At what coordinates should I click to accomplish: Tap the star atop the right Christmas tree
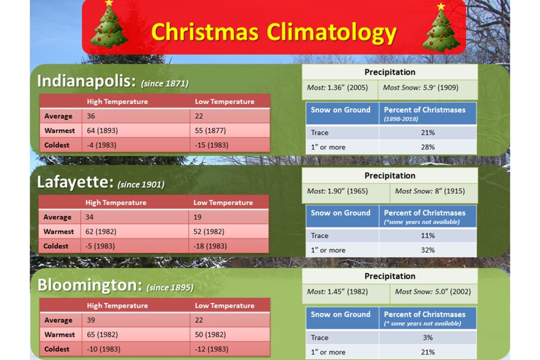[x=441, y=7]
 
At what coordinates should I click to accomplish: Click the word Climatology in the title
[x=330, y=32]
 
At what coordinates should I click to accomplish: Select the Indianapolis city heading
[x=87, y=81]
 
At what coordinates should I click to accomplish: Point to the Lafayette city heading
[x=75, y=182]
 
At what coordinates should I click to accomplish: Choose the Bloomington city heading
[x=90, y=285]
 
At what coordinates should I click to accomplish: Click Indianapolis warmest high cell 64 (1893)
[x=102, y=131]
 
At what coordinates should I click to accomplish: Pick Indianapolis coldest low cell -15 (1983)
[x=212, y=145]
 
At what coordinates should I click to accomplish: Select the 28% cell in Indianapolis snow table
[x=428, y=147]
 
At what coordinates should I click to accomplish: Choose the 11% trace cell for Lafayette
[x=428, y=236]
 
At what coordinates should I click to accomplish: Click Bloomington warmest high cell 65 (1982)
[x=103, y=335]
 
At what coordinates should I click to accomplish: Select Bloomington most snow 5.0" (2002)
[x=433, y=291]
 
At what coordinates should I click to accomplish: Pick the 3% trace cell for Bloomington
[x=428, y=337]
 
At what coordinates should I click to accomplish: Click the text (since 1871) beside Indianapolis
[x=164, y=83]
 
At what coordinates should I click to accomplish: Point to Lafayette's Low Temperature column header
[x=223, y=202]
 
